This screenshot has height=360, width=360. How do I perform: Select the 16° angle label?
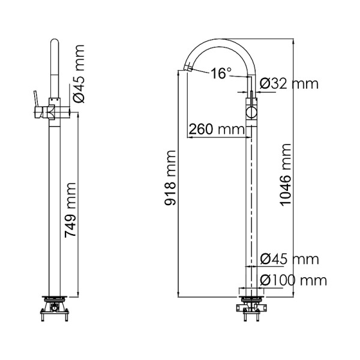(221, 74)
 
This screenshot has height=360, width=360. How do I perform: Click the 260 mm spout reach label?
(212, 129)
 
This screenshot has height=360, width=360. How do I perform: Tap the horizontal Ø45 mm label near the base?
(290, 259)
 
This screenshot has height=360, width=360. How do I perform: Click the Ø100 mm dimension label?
(294, 280)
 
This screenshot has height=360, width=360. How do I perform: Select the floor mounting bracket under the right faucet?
(252, 306)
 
